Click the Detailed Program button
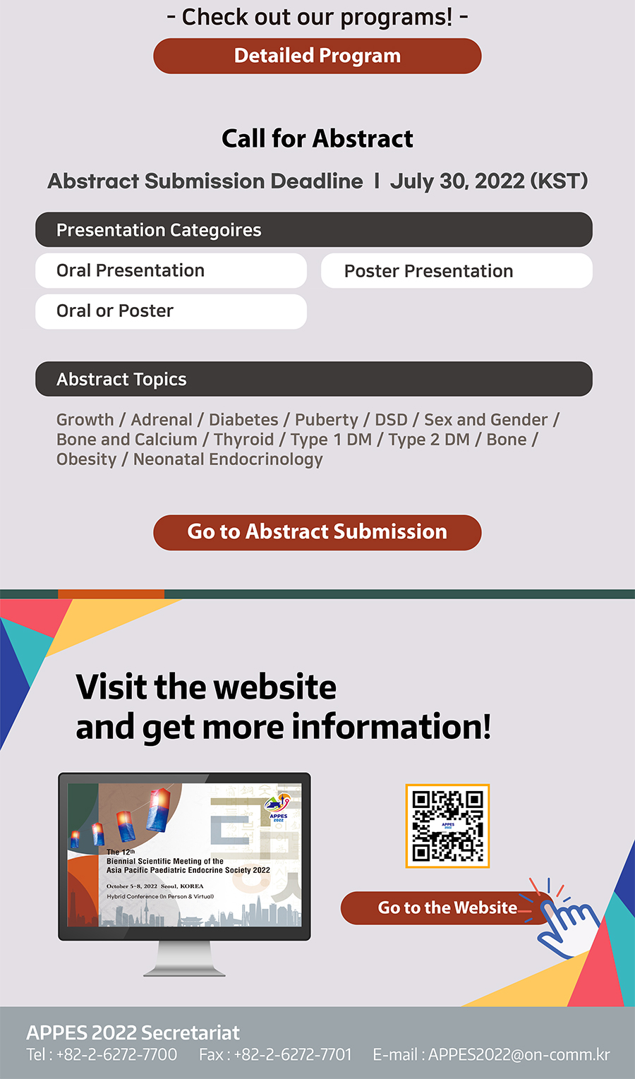click(x=317, y=56)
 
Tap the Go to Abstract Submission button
click(x=317, y=532)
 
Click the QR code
click(x=448, y=826)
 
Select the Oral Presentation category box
click(x=171, y=271)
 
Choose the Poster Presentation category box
click(x=457, y=271)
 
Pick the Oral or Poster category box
click(x=171, y=312)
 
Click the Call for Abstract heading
click(x=317, y=139)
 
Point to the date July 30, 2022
click(x=457, y=181)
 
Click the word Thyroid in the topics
click(x=243, y=440)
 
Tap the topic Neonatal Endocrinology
click(x=228, y=459)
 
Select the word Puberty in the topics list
click(x=327, y=420)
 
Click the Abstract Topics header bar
click(x=314, y=379)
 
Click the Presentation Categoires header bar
click(x=314, y=230)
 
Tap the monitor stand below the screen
click(x=184, y=958)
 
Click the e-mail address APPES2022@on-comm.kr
click(x=519, y=1054)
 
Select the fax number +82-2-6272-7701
click(x=293, y=1054)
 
